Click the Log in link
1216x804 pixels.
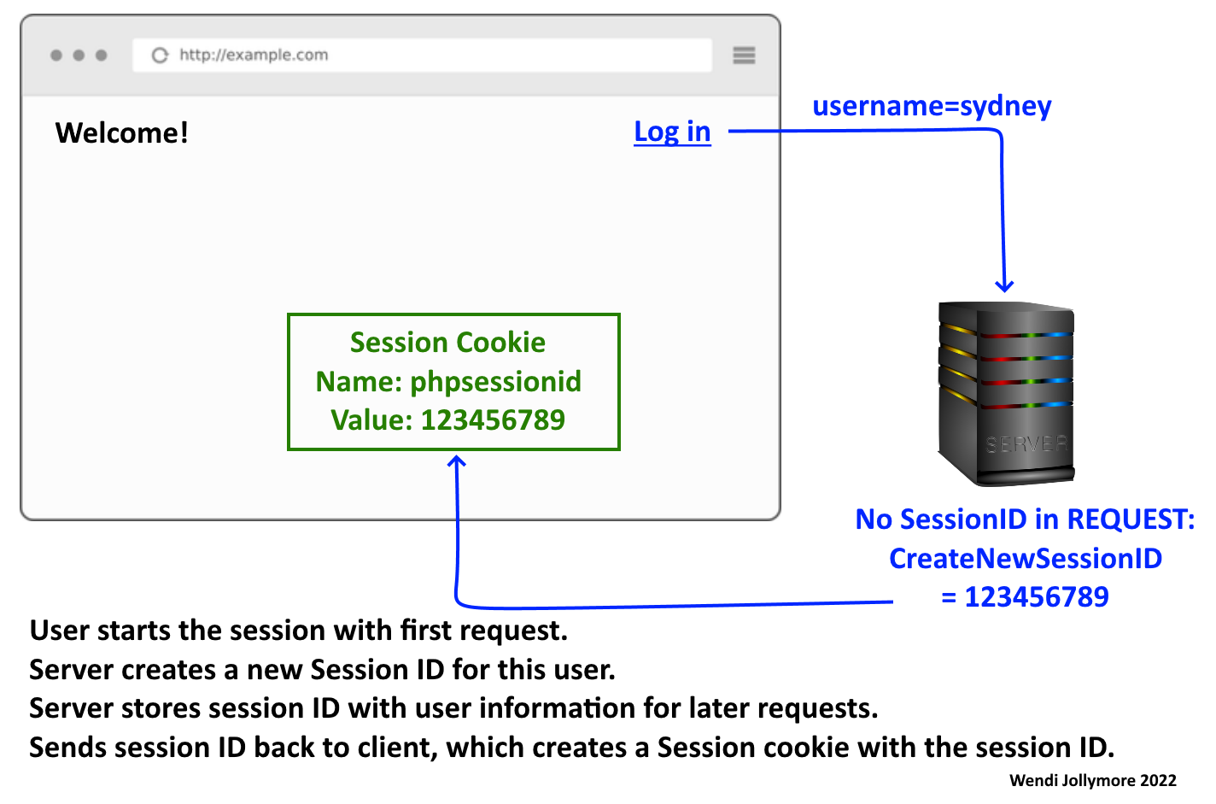point(672,132)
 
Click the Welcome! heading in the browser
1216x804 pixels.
point(121,132)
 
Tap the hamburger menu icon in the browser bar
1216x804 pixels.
point(744,55)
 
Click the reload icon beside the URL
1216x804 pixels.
point(160,56)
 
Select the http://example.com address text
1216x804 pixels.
point(254,55)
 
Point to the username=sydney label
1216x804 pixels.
point(932,106)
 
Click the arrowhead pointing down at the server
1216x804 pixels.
point(1004,285)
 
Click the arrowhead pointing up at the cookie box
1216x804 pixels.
point(457,462)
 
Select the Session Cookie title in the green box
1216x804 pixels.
point(447,343)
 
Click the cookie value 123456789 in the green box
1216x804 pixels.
point(493,420)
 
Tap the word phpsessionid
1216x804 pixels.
point(495,381)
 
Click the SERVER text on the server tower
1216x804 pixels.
point(1026,444)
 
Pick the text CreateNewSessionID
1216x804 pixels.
point(1026,558)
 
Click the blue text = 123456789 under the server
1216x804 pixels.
point(1025,596)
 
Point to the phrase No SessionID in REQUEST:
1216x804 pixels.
point(1025,519)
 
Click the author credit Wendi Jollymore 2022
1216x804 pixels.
point(1092,780)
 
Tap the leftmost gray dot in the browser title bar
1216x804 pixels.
point(56,56)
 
